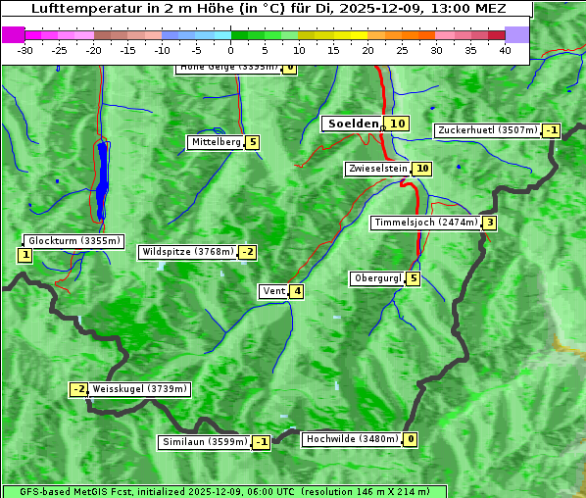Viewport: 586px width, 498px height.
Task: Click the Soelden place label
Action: point(351,124)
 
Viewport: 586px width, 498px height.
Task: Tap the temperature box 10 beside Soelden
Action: point(396,124)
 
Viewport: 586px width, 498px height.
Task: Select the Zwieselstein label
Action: point(377,170)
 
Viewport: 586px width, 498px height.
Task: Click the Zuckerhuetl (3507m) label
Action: point(488,130)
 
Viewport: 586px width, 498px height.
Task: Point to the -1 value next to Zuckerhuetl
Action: point(552,130)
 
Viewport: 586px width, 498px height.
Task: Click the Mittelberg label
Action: point(216,143)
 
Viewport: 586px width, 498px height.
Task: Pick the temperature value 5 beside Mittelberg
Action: point(253,143)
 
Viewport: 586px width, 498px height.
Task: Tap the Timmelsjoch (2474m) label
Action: point(426,224)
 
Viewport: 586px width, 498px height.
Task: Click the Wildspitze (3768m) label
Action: point(187,252)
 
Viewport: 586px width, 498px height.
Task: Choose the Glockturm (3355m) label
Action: point(73,241)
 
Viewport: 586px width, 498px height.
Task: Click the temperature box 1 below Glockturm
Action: point(24,256)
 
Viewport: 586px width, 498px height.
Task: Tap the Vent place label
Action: point(273,291)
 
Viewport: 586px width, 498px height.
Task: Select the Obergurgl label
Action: point(377,279)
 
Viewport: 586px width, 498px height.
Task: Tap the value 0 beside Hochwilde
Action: point(410,440)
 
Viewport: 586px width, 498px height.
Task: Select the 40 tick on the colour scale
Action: point(505,50)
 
